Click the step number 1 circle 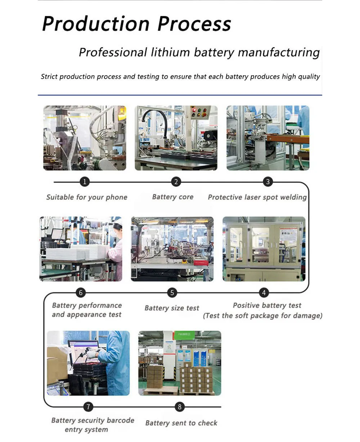click(85, 182)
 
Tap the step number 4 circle click(264, 293)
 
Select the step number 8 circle click(180, 407)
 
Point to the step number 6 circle click(81, 293)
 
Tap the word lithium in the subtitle click(171, 53)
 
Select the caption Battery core click(173, 197)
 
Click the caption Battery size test click(172, 308)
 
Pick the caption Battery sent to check click(181, 423)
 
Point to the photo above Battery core click(176, 138)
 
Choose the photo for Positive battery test click(264, 249)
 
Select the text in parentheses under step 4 click(262, 316)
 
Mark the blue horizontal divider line click(180, 95)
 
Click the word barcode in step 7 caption click(120, 420)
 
